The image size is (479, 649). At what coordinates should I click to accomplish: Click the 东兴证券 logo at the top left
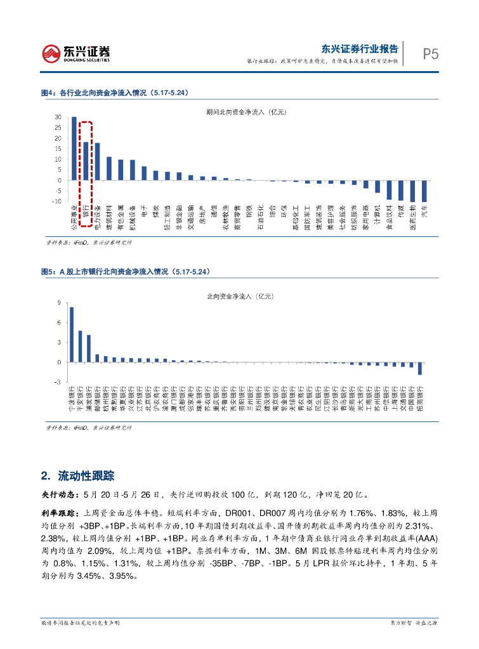[x=75, y=53]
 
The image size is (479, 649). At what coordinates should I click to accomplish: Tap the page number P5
[x=431, y=55]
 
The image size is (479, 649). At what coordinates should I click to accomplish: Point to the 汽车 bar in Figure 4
[x=424, y=191]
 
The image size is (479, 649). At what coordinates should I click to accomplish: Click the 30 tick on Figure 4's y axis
[x=58, y=118]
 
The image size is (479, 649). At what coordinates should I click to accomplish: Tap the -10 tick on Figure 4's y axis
[x=56, y=202]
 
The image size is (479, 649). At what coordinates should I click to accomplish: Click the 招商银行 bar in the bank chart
[x=420, y=368]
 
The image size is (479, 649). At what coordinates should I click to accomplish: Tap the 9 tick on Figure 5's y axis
[x=59, y=304]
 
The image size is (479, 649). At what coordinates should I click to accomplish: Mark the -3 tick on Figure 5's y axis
[x=58, y=382]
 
